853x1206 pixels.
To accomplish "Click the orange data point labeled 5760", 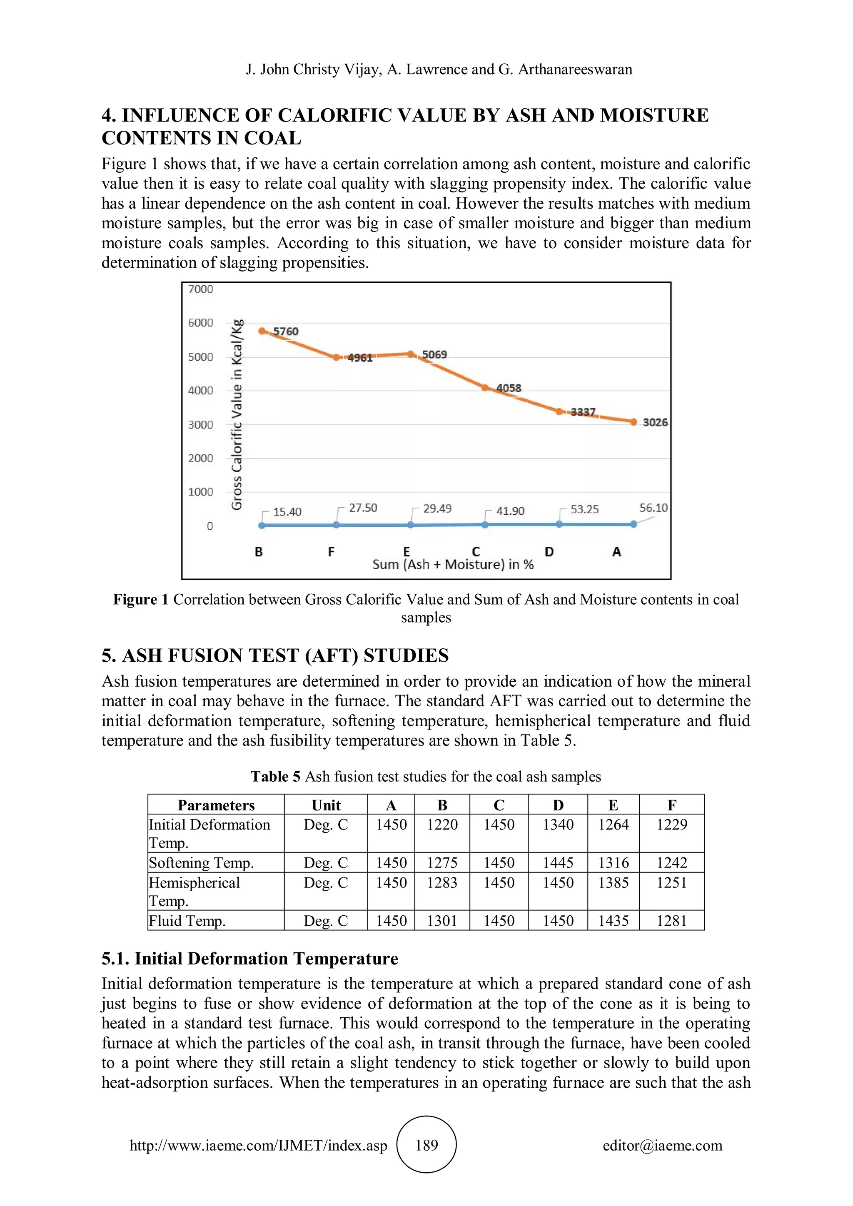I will click(x=262, y=331).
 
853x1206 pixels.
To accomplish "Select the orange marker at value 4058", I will click(x=485, y=388).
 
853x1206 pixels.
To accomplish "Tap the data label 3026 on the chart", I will click(x=655, y=422).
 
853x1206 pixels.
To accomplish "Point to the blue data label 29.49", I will click(x=437, y=508).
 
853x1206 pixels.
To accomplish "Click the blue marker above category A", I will click(x=634, y=524).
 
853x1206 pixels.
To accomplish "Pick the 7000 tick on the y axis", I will click(x=201, y=289).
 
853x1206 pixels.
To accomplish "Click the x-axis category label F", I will click(x=331, y=551).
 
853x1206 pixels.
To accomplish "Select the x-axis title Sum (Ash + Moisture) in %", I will click(x=453, y=565).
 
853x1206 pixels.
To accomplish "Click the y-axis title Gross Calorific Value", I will click(x=237, y=415).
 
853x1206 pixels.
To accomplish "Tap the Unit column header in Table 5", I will click(x=326, y=805).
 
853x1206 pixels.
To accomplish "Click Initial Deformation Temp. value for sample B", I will click(x=442, y=825).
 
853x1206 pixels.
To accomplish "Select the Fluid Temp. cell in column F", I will click(x=671, y=921).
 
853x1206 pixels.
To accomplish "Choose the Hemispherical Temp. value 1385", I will click(x=613, y=882).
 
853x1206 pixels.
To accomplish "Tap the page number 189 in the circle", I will click(x=426, y=1145).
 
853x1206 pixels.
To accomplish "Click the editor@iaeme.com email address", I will click(x=662, y=1145).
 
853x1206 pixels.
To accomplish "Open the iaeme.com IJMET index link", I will click(x=258, y=1145).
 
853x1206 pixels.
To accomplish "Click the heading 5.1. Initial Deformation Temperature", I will click(x=249, y=958).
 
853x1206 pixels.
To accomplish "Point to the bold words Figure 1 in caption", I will click(x=141, y=599).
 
